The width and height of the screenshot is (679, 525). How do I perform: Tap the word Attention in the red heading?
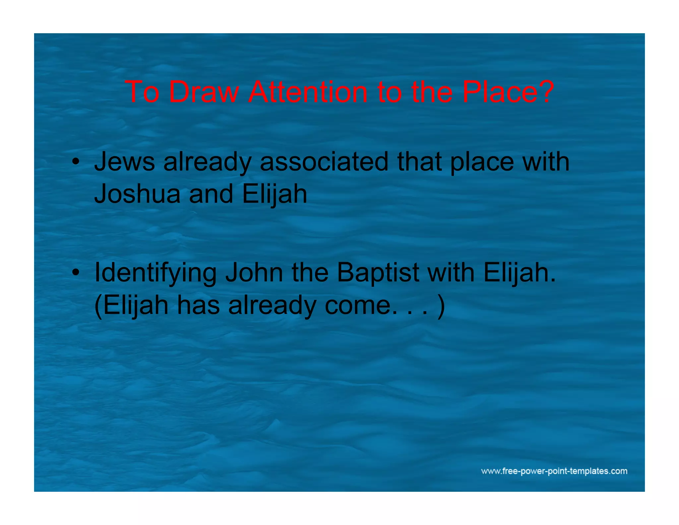pos(308,92)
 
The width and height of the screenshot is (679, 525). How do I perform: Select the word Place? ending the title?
pos(508,92)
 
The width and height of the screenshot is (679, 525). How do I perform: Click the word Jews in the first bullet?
pos(124,162)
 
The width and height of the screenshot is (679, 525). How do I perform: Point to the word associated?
pos(324,162)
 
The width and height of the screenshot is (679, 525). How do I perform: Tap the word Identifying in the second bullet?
pos(155,273)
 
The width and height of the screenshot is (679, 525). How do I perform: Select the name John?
pos(254,273)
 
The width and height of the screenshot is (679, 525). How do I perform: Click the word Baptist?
pos(378,273)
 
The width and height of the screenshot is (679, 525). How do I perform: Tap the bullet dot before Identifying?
pos(76,273)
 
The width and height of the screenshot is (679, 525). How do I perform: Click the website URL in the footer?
pos(554,471)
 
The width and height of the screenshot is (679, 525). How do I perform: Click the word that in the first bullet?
pos(419,162)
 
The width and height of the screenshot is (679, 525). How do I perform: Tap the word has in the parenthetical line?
pos(198,305)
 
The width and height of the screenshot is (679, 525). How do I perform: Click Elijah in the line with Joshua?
pos(275,194)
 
